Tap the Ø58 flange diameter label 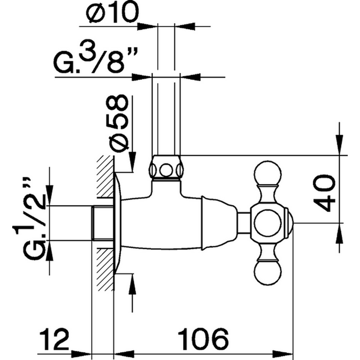[119, 122]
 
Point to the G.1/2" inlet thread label [36, 216]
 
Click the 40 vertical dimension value [325, 192]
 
